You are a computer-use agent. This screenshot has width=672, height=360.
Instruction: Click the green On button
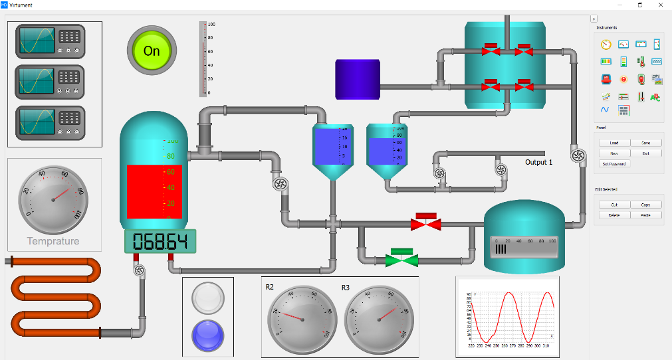pyautogui.click(x=152, y=50)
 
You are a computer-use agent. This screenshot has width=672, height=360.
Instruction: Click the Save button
pyautogui.click(x=646, y=143)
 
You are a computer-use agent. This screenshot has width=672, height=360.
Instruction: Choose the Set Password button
pyautogui.click(x=614, y=163)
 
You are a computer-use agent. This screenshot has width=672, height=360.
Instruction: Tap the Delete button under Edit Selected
pyautogui.click(x=614, y=215)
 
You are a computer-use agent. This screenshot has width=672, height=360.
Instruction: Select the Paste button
pyautogui.click(x=646, y=215)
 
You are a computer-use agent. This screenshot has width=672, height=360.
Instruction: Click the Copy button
pyautogui.click(x=646, y=205)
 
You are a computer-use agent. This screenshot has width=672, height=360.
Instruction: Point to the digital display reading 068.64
pyautogui.click(x=157, y=241)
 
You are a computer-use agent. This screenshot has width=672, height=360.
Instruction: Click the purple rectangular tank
pyautogui.click(x=357, y=80)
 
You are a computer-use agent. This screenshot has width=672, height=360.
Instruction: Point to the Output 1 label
pyautogui.click(x=538, y=163)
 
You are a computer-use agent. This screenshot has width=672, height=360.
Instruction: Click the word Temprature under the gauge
pyautogui.click(x=53, y=241)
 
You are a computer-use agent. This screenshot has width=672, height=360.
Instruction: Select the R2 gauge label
pyautogui.click(x=270, y=287)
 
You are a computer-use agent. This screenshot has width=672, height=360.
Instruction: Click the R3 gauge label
pyautogui.click(x=346, y=287)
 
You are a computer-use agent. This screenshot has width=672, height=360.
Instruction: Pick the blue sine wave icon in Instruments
pyautogui.click(x=606, y=110)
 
